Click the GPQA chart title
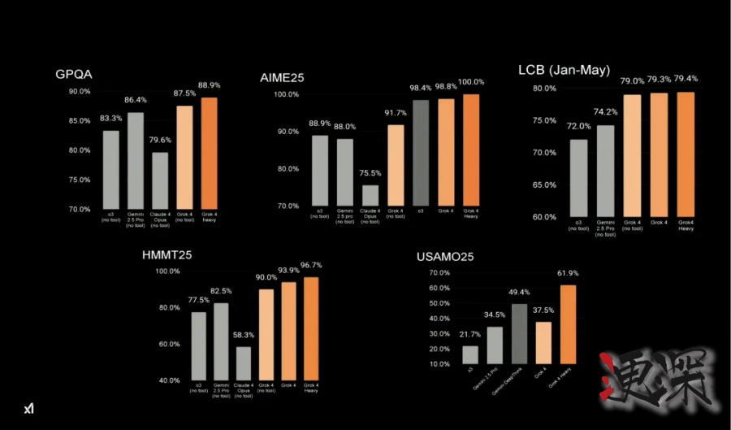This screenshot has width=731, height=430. point(74,75)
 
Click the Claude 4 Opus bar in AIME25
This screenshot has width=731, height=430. point(370,195)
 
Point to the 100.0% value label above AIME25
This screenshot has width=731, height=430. point(471,82)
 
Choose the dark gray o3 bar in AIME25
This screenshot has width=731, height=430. point(422,153)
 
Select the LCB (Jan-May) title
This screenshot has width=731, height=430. point(564,70)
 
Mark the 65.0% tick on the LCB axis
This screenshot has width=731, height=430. point(543,185)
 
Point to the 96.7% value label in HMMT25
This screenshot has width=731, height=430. point(311,265)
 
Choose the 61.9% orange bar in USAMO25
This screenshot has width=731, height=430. point(568,324)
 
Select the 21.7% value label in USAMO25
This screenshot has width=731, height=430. point(470,335)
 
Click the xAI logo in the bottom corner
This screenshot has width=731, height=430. point(28,407)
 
